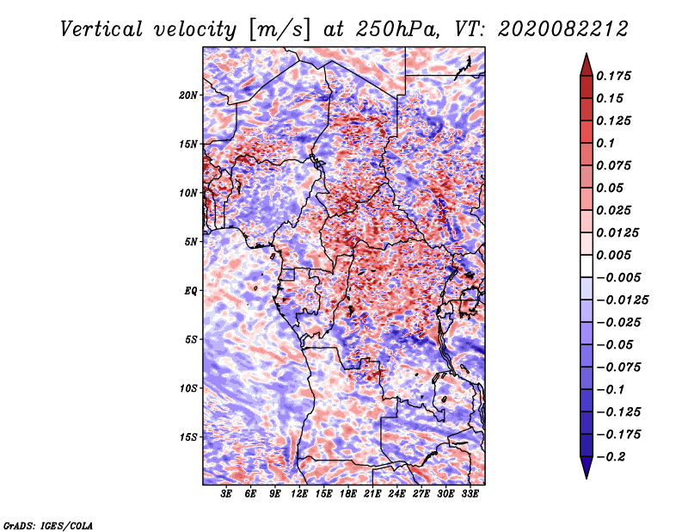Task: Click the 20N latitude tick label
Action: pyautogui.click(x=188, y=95)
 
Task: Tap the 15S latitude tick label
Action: pyautogui.click(x=188, y=437)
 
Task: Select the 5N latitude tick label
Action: pyautogui.click(x=191, y=242)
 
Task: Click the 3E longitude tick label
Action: pyautogui.click(x=226, y=494)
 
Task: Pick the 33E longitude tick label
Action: pyautogui.click(x=470, y=494)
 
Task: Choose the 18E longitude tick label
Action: pyautogui.click(x=348, y=494)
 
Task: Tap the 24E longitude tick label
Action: pyautogui.click(x=396, y=494)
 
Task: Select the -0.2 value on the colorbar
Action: pyautogui.click(x=615, y=456)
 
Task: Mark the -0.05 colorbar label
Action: pyautogui.click(x=615, y=344)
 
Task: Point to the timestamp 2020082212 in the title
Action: pyautogui.click(x=542, y=28)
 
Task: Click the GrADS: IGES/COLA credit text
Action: pyautogui.click(x=47, y=524)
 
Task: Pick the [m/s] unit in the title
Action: pyautogui.click(x=279, y=28)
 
